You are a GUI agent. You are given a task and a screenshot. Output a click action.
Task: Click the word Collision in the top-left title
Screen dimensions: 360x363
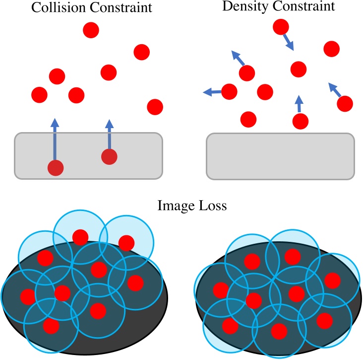pyautogui.click(x=54, y=9)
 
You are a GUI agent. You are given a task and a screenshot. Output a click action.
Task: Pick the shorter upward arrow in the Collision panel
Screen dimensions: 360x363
pyautogui.click(x=110, y=134)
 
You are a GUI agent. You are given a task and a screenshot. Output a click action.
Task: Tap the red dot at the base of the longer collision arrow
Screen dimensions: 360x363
pyautogui.click(x=56, y=168)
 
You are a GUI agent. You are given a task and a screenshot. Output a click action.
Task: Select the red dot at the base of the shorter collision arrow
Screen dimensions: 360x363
pyautogui.click(x=109, y=157)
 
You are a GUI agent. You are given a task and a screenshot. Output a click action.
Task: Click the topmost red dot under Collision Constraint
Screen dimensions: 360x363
pyautogui.click(x=91, y=30)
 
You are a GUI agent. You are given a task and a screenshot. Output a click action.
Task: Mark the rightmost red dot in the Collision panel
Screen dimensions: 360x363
pyautogui.click(x=155, y=106)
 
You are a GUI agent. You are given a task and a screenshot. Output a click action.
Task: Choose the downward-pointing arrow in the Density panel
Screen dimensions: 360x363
pyautogui.click(x=288, y=42)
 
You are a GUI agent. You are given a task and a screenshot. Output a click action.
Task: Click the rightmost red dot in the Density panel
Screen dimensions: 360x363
pyautogui.click(x=344, y=103)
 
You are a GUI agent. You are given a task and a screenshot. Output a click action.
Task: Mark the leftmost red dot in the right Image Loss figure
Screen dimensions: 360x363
pyautogui.click(x=220, y=289)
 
